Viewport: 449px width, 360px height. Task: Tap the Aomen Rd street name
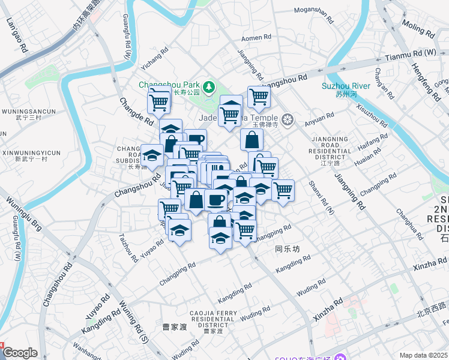point(256,37)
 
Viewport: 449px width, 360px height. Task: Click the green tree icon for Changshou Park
point(209,88)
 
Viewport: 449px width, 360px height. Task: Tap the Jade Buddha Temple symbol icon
point(288,119)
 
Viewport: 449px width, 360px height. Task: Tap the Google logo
point(20,353)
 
